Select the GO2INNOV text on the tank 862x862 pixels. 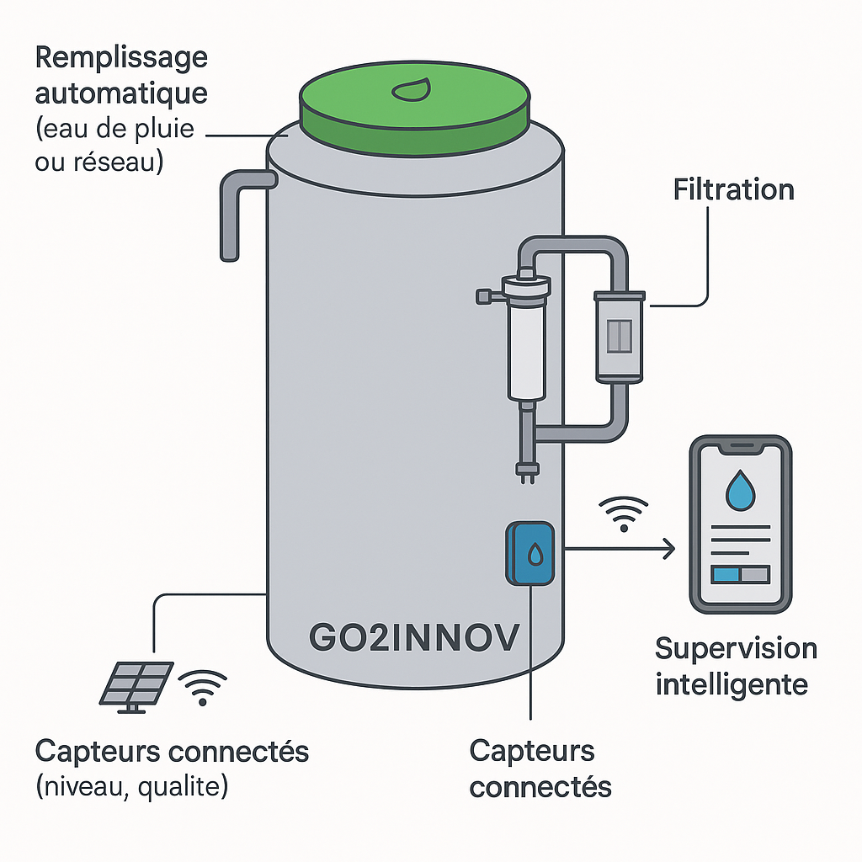tap(413, 637)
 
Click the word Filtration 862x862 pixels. tap(733, 189)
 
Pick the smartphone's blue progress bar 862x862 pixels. tap(726, 574)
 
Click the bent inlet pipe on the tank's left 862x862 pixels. tap(241, 210)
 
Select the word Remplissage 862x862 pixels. tap(121, 59)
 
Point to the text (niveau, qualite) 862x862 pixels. tap(132, 788)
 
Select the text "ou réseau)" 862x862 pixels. tap(99, 161)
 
